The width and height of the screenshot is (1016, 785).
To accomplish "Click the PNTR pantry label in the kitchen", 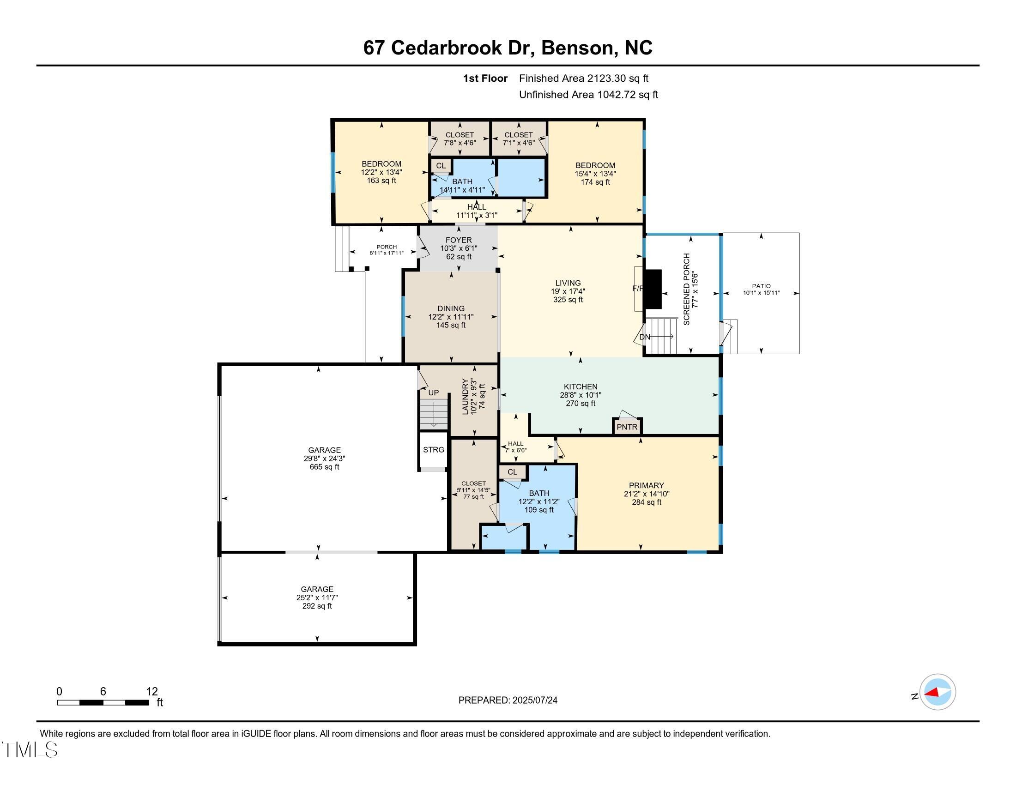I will [627, 427].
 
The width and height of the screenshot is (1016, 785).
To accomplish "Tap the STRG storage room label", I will [433, 450].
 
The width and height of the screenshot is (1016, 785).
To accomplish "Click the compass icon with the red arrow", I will [937, 692].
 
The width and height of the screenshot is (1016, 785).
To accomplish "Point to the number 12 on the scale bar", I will [151, 691].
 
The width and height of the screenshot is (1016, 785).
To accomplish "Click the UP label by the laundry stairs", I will [433, 392].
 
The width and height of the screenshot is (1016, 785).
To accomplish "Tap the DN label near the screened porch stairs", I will [645, 337].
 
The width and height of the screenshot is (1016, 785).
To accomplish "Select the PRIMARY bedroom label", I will [646, 485].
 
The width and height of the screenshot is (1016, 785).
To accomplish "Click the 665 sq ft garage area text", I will [324, 467].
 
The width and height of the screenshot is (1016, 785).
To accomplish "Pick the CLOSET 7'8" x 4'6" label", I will [460, 139].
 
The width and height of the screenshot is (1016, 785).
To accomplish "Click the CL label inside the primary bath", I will [512, 472].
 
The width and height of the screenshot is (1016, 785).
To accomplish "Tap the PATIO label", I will [761, 286].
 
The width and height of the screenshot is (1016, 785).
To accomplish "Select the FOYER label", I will [458, 240].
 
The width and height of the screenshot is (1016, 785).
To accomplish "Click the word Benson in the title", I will [576, 48].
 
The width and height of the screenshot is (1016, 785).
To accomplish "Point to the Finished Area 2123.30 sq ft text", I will [583, 78].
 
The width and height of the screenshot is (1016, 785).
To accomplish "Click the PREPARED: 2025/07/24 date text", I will [508, 700].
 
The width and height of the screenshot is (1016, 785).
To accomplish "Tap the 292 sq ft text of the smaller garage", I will [317, 606].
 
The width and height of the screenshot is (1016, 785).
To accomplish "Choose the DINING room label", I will [451, 308].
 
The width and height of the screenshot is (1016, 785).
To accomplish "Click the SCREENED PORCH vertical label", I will [687, 289].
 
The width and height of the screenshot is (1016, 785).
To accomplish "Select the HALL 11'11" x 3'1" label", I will [477, 211].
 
